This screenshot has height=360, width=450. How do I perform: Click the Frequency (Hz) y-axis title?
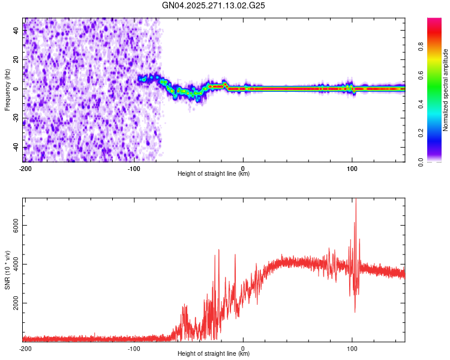pyautogui.click(x=7, y=89)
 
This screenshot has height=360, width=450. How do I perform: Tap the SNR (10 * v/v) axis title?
pyautogui.click(x=7, y=269)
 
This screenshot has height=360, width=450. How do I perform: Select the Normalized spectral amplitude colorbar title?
pyautogui.click(x=446, y=90)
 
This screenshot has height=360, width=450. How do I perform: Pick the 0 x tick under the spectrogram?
pyautogui.click(x=243, y=168)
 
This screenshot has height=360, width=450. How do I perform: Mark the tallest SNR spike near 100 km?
pyautogui.click(x=356, y=200)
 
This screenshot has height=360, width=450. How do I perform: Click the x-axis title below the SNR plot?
pyautogui.click(x=214, y=354)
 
